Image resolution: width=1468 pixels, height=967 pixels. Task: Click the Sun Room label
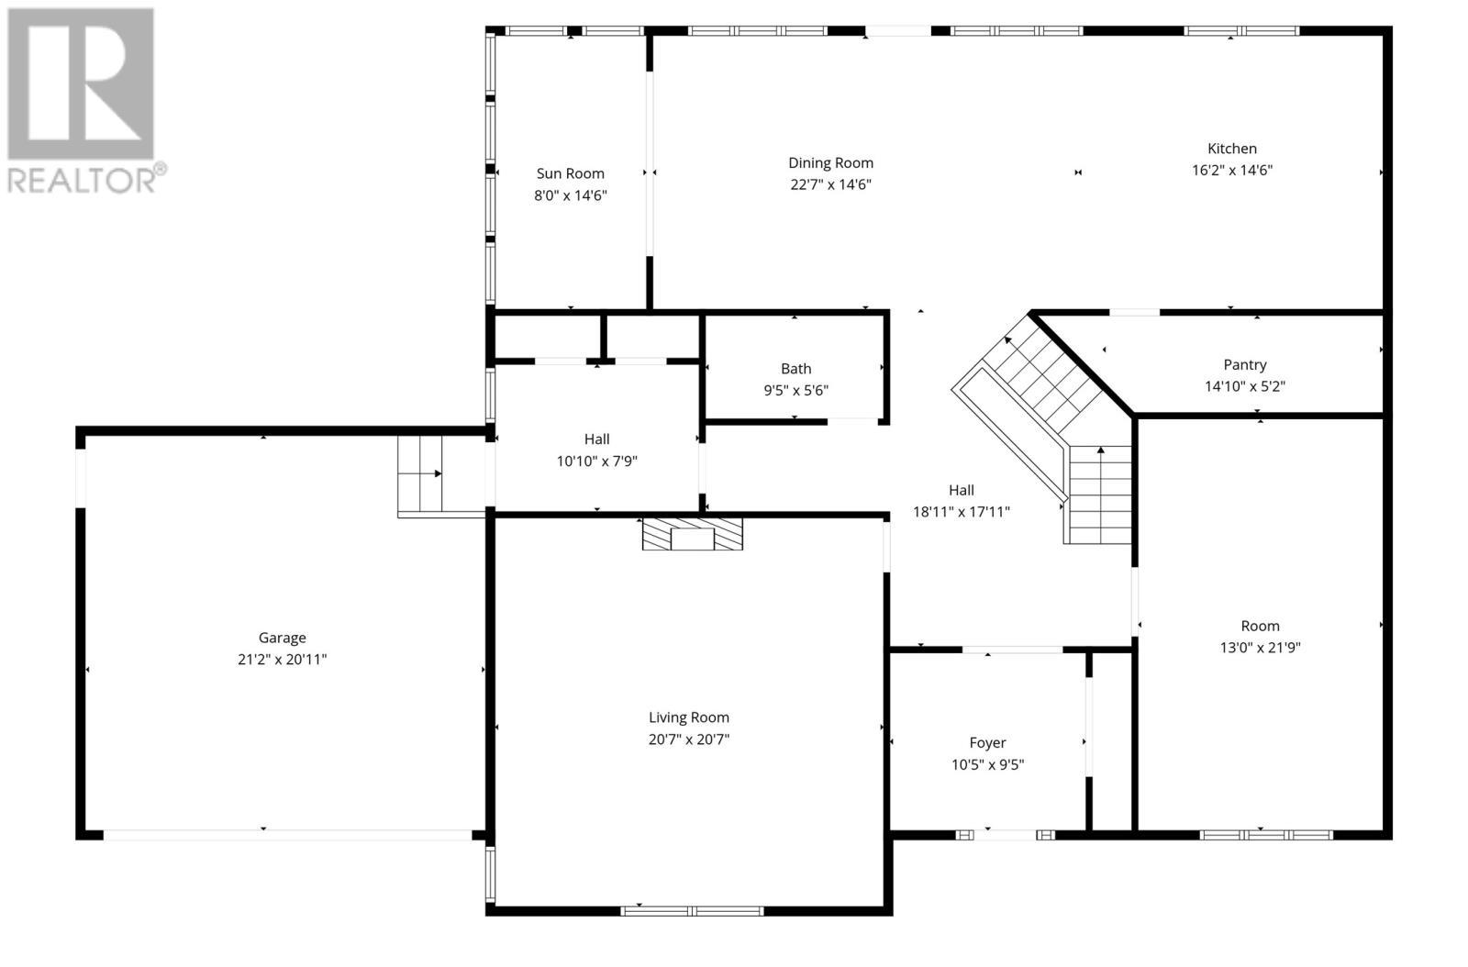pyautogui.click(x=570, y=173)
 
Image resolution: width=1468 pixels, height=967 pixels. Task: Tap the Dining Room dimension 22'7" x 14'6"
pyautogui.click(x=830, y=184)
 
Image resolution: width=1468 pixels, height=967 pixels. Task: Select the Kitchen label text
pyautogui.click(x=1231, y=149)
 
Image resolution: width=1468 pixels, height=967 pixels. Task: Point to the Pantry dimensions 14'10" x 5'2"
pyautogui.click(x=1244, y=386)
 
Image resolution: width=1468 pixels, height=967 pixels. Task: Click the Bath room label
pyautogui.click(x=795, y=369)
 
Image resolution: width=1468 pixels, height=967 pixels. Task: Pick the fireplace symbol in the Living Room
pyautogui.click(x=692, y=535)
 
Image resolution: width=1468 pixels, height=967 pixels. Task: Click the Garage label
pyautogui.click(x=282, y=638)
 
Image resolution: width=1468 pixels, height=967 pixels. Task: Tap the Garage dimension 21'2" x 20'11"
pyautogui.click(x=282, y=660)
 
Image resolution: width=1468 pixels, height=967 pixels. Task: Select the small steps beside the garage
pyautogui.click(x=420, y=473)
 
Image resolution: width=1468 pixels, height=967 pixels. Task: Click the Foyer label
pyautogui.click(x=987, y=743)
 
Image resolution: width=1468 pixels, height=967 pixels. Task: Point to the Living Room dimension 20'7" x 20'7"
pyautogui.click(x=688, y=739)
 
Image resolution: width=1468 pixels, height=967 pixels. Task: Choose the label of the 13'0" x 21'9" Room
pyautogui.click(x=1260, y=626)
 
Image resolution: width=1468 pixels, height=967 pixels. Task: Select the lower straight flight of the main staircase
pyautogui.click(x=1098, y=495)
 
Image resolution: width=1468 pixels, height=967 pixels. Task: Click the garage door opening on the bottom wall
pyautogui.click(x=286, y=835)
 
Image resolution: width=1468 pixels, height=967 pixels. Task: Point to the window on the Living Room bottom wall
pyautogui.click(x=692, y=911)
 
